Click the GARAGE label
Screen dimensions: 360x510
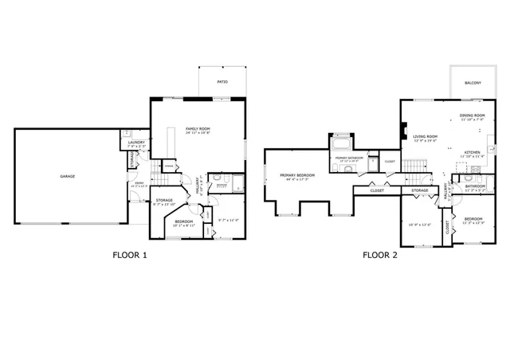pos(68,176)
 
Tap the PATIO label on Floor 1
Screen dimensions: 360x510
pos(222,82)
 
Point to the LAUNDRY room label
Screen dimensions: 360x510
pos(136,143)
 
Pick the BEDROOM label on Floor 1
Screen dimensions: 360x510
pos(184,221)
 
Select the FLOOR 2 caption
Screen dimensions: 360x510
pos(380,256)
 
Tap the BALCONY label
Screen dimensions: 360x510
pos(473,82)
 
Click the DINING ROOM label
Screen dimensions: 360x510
pos(473,115)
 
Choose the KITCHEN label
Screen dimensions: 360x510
pos(472,151)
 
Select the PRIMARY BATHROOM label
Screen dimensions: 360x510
pos(350,158)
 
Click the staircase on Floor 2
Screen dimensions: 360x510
pos(410,166)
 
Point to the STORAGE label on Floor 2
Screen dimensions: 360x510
pos(420,190)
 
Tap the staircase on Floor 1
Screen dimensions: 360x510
pos(167,147)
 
